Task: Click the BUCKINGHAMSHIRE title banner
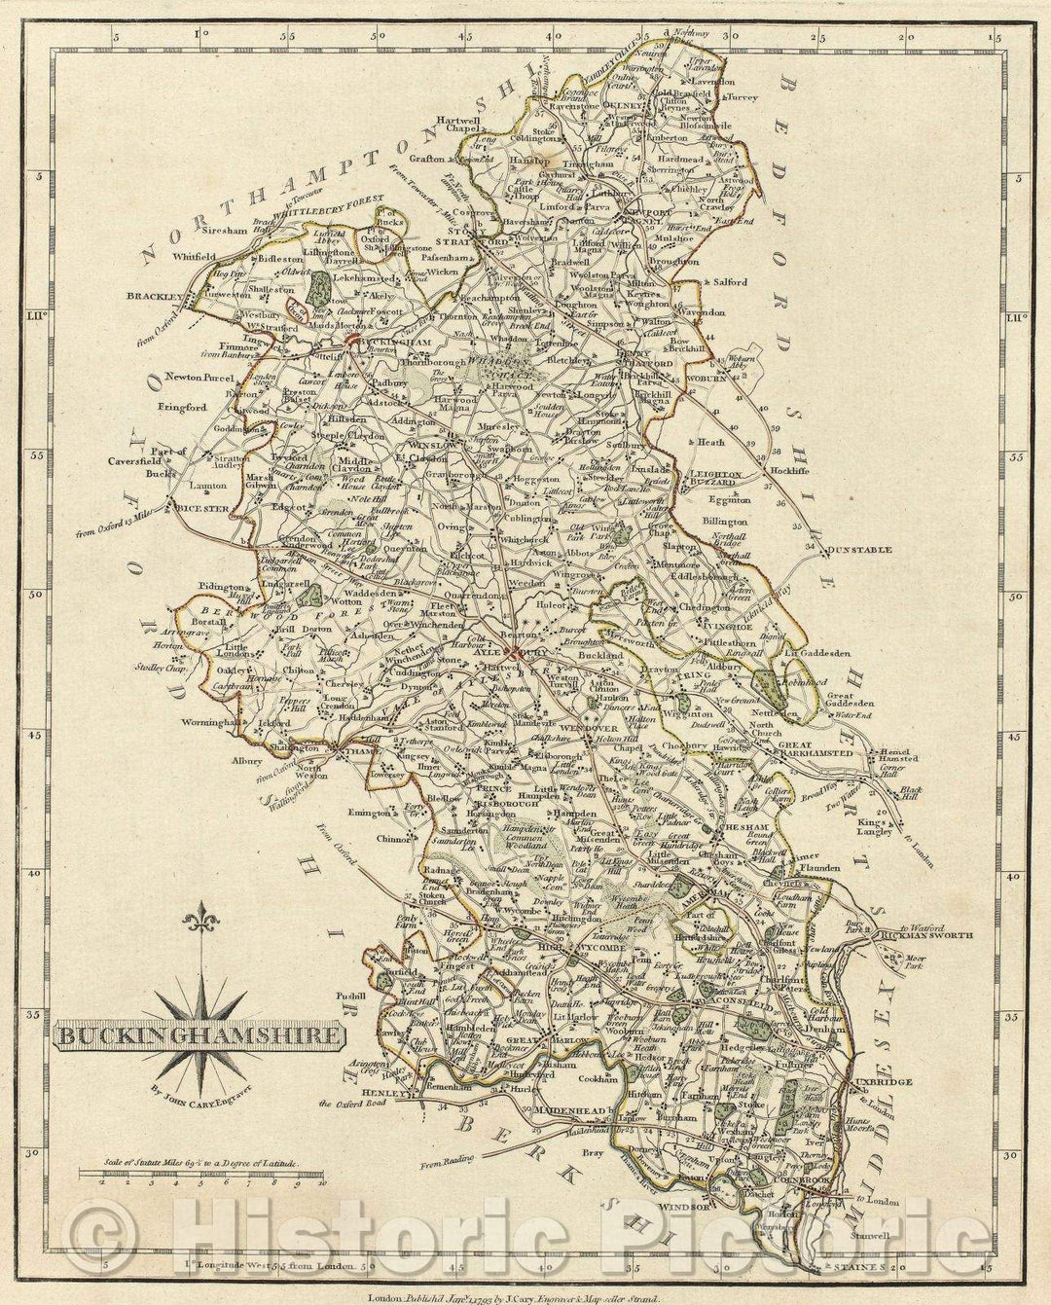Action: click(198, 1033)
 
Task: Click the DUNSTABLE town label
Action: click(860, 550)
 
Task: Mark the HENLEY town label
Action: click(384, 1092)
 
